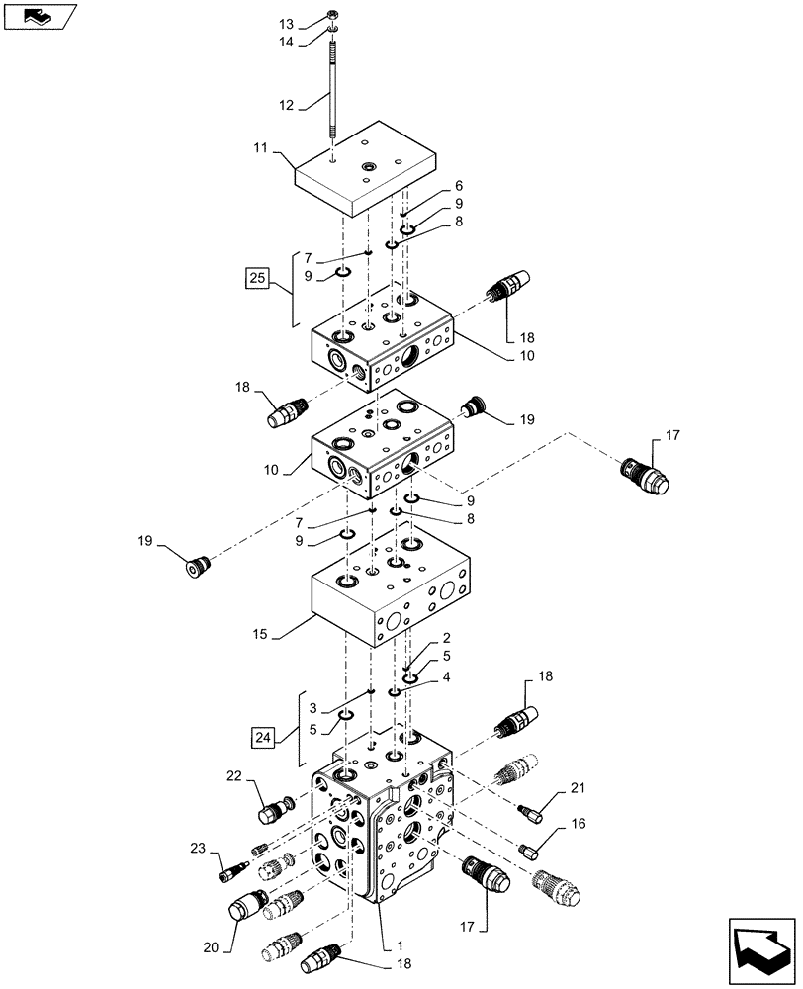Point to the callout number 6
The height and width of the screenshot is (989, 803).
tap(459, 186)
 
